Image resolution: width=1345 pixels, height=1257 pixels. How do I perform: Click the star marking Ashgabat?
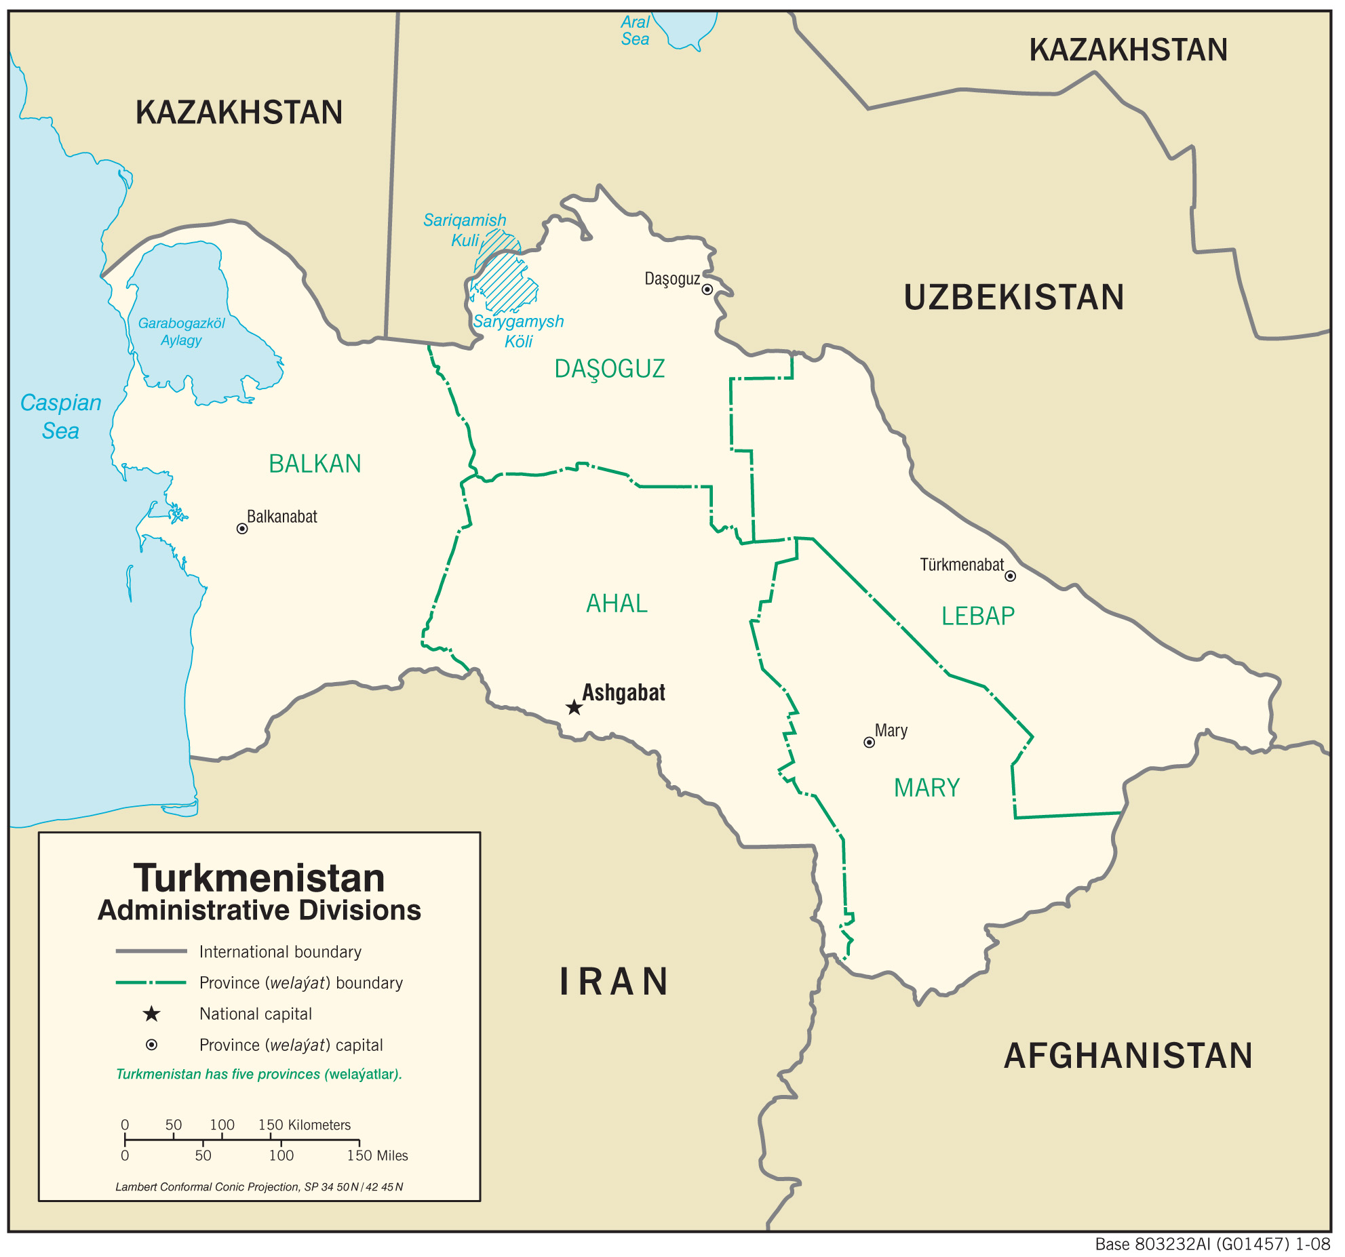click(x=574, y=708)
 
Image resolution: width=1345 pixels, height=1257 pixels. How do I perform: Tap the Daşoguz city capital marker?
click(x=707, y=290)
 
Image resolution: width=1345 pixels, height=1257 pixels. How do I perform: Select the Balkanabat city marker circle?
click(x=241, y=528)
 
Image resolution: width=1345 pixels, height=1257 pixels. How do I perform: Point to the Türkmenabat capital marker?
click(x=1010, y=576)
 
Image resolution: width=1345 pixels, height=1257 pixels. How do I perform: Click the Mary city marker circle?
click(x=869, y=742)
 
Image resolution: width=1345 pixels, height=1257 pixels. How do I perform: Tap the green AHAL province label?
click(x=617, y=603)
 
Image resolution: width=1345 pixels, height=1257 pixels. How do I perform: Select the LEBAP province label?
click(x=977, y=616)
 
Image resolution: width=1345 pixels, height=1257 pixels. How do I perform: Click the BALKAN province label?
click(x=315, y=464)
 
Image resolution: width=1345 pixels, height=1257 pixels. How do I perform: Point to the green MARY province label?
click(x=927, y=788)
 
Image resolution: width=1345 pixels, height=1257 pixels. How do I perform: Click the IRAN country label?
click(x=615, y=982)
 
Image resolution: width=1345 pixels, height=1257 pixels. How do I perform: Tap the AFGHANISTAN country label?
click(x=1127, y=1056)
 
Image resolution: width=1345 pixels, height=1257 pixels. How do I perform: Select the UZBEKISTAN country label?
click(x=1013, y=297)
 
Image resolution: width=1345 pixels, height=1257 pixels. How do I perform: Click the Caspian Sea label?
click(x=60, y=416)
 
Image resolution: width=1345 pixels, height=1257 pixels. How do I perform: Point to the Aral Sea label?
click(x=635, y=31)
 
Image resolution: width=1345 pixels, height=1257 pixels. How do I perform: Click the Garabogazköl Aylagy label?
click(x=181, y=332)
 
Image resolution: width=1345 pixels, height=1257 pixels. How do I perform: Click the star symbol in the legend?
click(x=151, y=1014)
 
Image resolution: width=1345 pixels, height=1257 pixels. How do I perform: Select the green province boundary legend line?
click(x=151, y=982)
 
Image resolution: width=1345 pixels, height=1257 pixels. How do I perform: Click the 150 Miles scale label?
click(x=377, y=1155)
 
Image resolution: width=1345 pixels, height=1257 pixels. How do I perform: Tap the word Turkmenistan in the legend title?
click(x=259, y=878)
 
